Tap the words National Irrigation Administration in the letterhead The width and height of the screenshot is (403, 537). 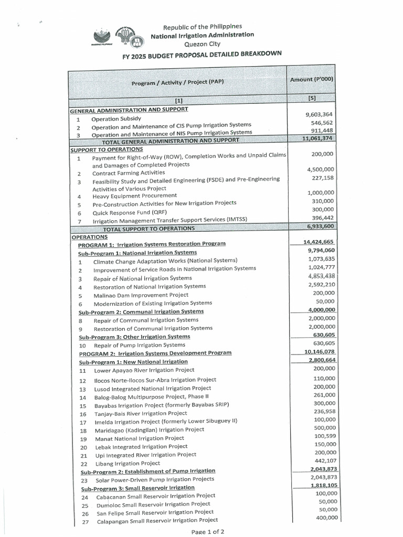pyautogui.click(x=202, y=35)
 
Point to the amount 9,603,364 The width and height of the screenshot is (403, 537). pyautogui.click(x=320, y=114)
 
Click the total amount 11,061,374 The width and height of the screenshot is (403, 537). pyautogui.click(x=319, y=138)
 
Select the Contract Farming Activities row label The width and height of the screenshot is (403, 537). pyautogui.click(x=129, y=173)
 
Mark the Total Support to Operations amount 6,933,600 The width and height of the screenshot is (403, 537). pyautogui.click(x=320, y=226)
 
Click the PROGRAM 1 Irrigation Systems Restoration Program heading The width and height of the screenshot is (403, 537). pyautogui.click(x=152, y=244)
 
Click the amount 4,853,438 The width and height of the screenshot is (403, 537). pyautogui.click(x=321, y=276)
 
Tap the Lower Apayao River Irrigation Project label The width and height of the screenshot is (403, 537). pyautogui.click(x=144, y=370)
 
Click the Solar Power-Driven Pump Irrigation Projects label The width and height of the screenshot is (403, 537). pyautogui.click(x=155, y=479)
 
